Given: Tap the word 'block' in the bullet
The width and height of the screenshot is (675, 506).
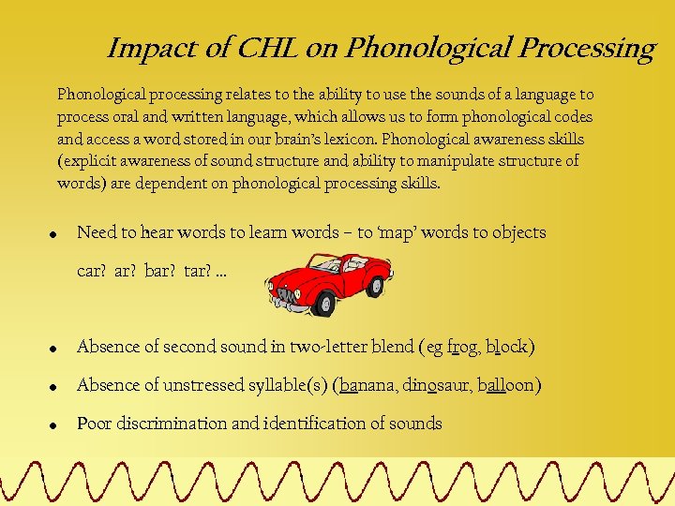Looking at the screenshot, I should pyautogui.click(x=507, y=348).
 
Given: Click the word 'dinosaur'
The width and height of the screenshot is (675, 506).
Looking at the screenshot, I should pyautogui.click(x=438, y=385).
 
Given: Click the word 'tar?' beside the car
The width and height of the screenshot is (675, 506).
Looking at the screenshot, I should pyautogui.click(x=198, y=272).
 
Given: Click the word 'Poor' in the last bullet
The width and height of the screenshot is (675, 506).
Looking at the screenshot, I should pyautogui.click(x=94, y=424).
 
